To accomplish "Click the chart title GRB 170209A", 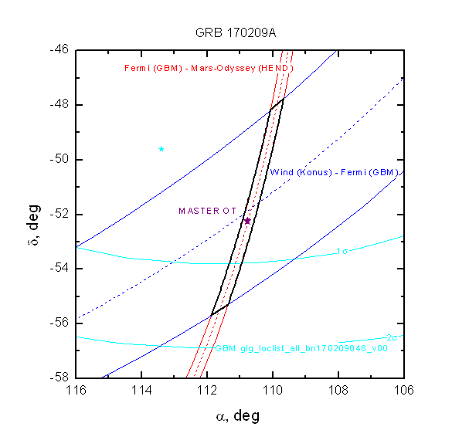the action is coord(236,33).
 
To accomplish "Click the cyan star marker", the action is coord(161,149).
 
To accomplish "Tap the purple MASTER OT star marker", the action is coord(247,221).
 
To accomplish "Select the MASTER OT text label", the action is coord(208,211).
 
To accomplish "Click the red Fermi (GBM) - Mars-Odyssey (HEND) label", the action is coord(209,68).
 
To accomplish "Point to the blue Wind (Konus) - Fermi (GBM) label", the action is coord(335,172).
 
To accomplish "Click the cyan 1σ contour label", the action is coord(342,252).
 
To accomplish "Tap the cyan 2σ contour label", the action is coord(392,337).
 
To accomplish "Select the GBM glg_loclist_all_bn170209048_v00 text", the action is coord(301,348).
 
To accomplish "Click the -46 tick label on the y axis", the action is coord(59,49).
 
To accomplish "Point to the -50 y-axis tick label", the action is coord(59,159).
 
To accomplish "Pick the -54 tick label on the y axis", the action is coord(59,268).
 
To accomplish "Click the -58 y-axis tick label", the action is coord(59,378).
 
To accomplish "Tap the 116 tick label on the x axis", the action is coord(76,391).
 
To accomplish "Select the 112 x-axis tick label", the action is coord(207,391).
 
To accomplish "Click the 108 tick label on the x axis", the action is coord(338,391).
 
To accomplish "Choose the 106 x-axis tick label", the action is coord(404,391).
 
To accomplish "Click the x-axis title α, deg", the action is coord(238,416).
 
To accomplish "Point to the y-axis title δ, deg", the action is coord(34,225).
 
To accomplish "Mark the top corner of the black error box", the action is coord(284,99).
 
